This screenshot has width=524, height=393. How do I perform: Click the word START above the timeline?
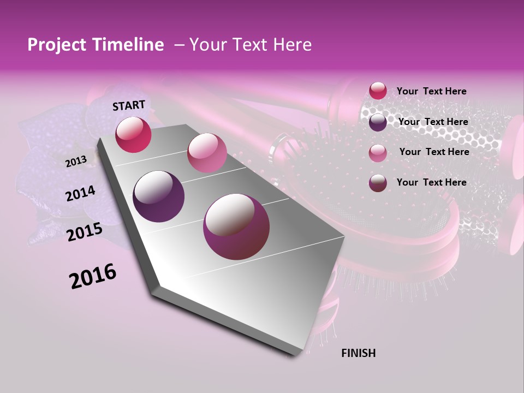pyautogui.click(x=129, y=105)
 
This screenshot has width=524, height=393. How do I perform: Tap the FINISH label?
pyautogui.click(x=358, y=353)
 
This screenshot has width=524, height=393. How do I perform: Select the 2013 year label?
pyautogui.click(x=76, y=161)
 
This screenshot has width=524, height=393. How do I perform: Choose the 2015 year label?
pyautogui.click(x=84, y=232)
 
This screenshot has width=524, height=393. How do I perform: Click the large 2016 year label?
pyautogui.click(x=93, y=276)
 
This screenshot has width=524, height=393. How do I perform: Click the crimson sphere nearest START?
pyautogui.click(x=133, y=134)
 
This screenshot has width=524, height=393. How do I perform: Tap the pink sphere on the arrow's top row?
pyautogui.click(x=206, y=152)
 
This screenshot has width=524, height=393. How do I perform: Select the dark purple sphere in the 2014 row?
pyautogui.click(x=158, y=196)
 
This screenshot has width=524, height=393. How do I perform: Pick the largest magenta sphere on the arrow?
pyautogui.click(x=236, y=227)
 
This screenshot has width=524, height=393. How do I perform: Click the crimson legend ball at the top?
pyautogui.click(x=378, y=91)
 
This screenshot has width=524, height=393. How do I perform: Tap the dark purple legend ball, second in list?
pyautogui.click(x=378, y=122)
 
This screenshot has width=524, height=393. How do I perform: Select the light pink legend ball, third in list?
pyautogui.click(x=378, y=153)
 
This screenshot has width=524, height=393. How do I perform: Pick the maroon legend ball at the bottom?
pyautogui.click(x=378, y=183)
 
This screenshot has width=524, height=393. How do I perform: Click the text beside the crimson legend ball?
pyautogui.click(x=431, y=92)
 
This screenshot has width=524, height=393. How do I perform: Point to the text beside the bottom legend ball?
pyautogui.click(x=431, y=182)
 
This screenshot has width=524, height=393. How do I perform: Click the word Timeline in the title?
pyautogui.click(x=129, y=45)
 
